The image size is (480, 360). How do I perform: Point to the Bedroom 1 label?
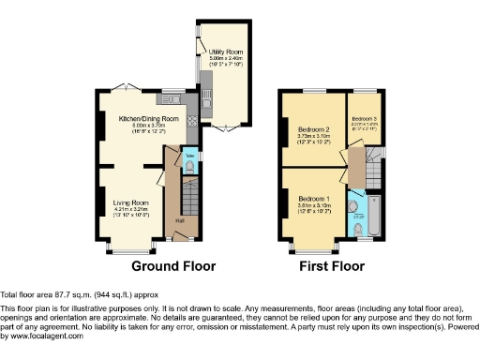[314, 200]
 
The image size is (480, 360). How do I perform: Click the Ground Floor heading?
[172, 266]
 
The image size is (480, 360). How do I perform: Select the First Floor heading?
[331, 266]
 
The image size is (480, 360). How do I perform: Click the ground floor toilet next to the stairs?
[189, 166]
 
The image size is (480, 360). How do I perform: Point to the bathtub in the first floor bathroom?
[368, 217]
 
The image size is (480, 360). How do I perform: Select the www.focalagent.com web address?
[43, 336]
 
